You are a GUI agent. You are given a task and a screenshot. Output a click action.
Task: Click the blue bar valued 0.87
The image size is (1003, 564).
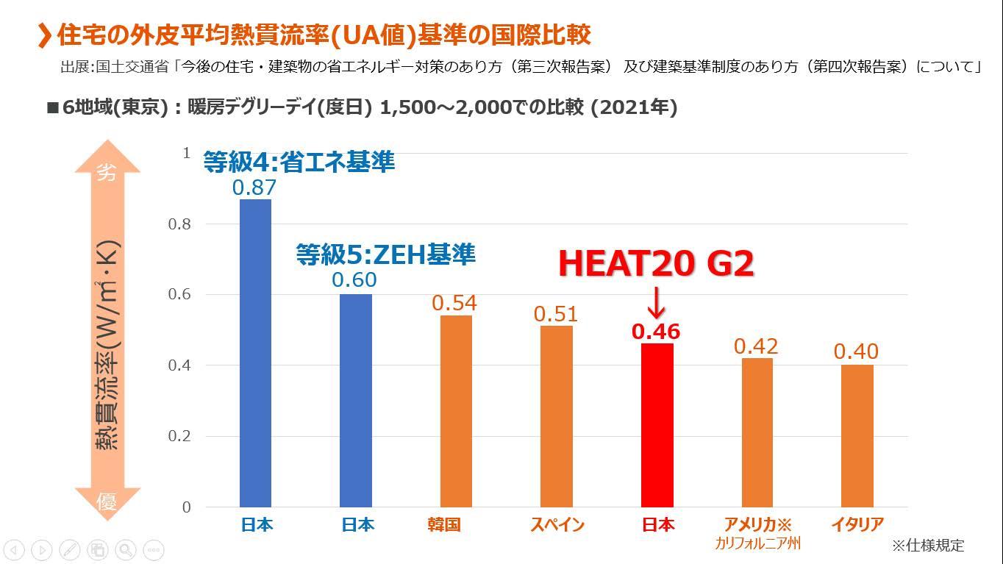coord(255,353)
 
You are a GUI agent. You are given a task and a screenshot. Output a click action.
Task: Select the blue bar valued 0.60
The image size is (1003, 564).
coord(356,401)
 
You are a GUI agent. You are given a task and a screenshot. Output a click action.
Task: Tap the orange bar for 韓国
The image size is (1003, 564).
coord(456,411)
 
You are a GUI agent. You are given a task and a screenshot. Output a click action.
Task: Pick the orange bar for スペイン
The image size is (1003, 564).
coord(556,416)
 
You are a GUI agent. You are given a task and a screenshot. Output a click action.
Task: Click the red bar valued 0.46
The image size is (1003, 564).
coord(657,425)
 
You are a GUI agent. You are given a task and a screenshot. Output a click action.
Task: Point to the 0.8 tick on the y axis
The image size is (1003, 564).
coord(179,224)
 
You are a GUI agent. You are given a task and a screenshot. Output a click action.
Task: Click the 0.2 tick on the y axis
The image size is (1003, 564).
coord(179,436)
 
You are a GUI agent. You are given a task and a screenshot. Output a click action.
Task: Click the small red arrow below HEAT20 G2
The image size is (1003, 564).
coord(657,302)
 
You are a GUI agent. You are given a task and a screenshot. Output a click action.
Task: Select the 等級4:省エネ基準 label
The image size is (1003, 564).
coord(299,162)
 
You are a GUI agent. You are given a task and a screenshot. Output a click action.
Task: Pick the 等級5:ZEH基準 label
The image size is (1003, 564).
coord(385,254)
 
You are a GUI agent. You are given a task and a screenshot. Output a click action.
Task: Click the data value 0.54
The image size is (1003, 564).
coord(454,303)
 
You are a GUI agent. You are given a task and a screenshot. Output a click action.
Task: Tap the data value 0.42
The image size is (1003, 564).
coord(756,346)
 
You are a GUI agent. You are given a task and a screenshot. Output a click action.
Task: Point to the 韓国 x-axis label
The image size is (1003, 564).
coord(443,525)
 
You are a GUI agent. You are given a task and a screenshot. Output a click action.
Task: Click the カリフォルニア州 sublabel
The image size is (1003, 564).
coord(757,544)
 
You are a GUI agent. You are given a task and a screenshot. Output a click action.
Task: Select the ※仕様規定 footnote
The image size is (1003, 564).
coord(927,546)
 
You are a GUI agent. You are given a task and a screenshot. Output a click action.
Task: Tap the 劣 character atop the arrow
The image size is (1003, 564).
coord(107,173)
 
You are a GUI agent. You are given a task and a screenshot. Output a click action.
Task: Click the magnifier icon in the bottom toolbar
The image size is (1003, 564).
coord(125,549)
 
